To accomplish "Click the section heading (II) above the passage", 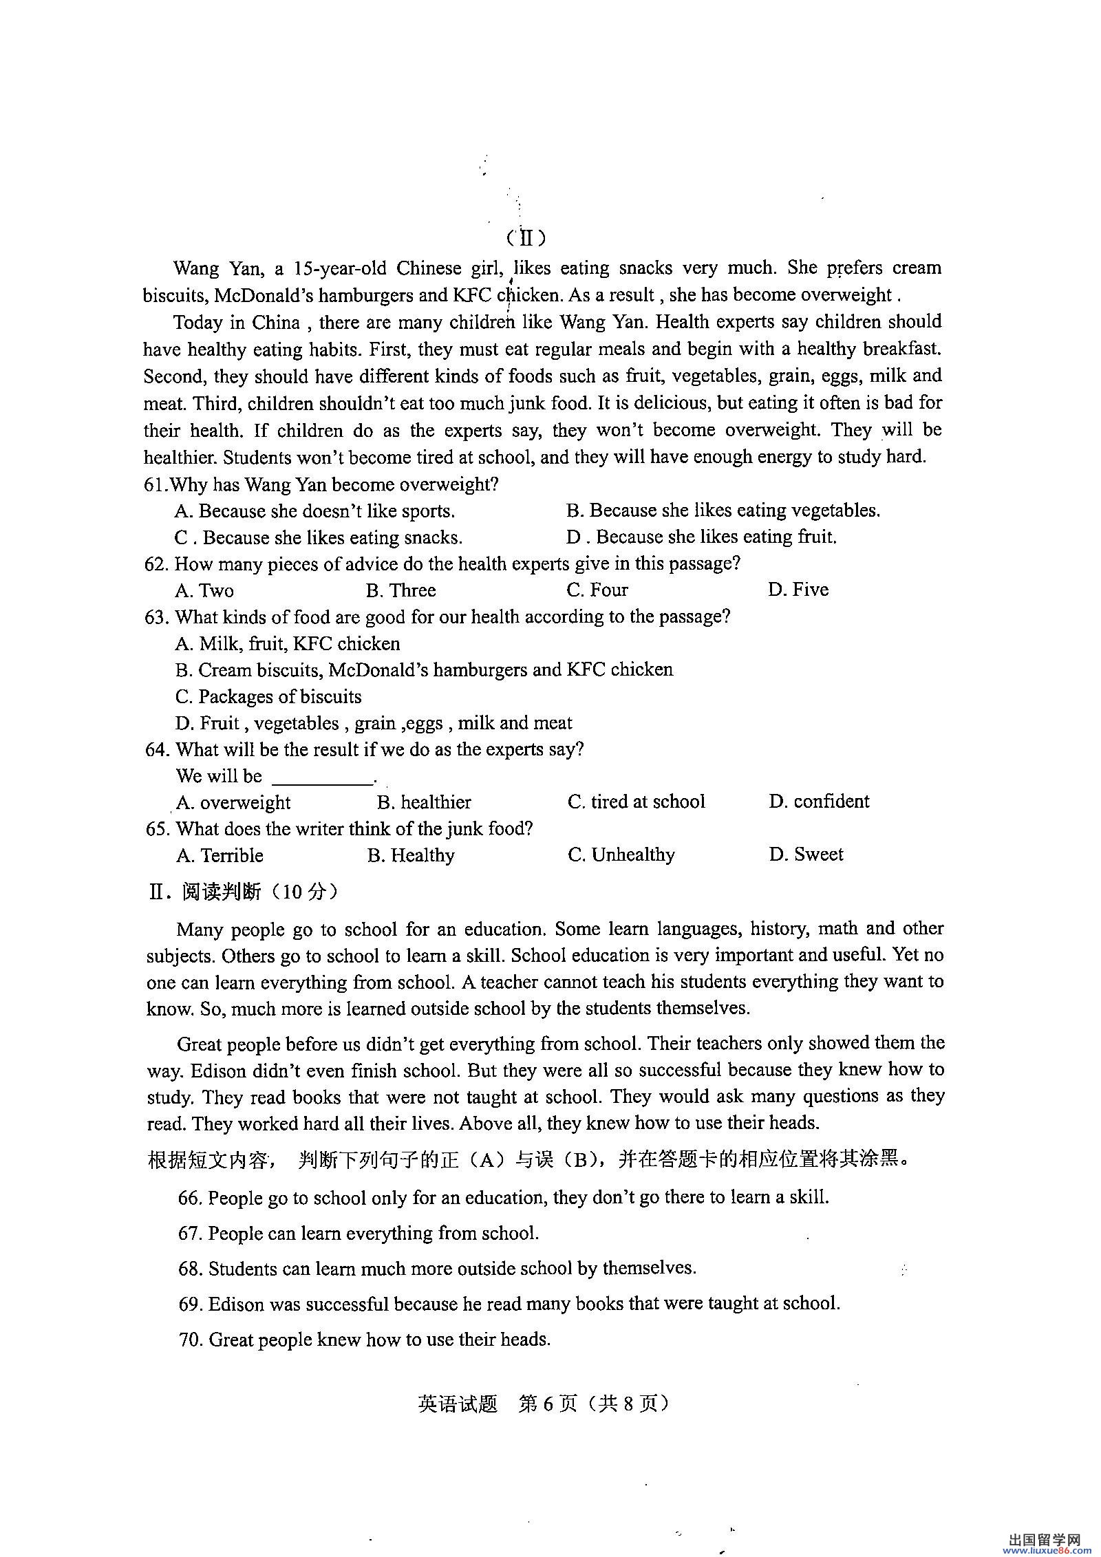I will [x=526, y=238].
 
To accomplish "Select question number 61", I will [x=156, y=484].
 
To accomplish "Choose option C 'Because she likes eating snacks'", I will [x=319, y=537].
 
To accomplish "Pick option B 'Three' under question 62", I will [x=401, y=590].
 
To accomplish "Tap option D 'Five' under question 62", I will [x=798, y=590].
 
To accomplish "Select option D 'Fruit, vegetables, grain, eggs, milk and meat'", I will [x=374, y=723].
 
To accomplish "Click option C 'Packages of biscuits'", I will [x=268, y=696].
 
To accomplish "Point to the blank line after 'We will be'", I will [x=322, y=777].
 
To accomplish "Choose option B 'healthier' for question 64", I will [x=424, y=802].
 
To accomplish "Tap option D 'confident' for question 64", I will [x=819, y=802].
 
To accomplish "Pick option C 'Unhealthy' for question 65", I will [x=621, y=855].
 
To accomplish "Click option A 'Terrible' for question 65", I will [x=220, y=855].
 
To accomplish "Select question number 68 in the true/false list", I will [x=191, y=1268].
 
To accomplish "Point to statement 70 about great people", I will [x=365, y=1340].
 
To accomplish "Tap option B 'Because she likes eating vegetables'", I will [x=723, y=511].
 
